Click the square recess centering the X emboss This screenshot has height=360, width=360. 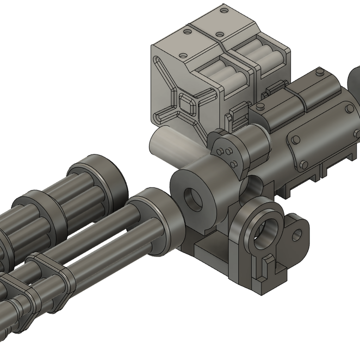(186, 106)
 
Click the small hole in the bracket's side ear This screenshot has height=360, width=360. (297, 234)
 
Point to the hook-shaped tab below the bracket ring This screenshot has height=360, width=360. (267, 264)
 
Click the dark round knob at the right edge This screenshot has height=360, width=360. (353, 80)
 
